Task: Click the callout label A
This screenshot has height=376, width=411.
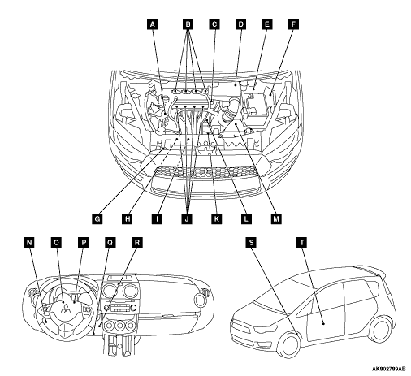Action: coord(152,24)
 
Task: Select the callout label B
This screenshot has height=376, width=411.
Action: coord(188,24)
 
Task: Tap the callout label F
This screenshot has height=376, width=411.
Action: coord(293,24)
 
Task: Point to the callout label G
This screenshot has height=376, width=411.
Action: coord(97,218)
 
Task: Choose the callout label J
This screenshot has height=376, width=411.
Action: coord(187,218)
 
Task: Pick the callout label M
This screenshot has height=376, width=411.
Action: coord(276,218)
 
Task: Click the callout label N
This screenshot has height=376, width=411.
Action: coord(29,242)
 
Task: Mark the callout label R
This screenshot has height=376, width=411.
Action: coord(137,242)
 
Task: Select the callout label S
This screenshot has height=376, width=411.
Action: coord(251,242)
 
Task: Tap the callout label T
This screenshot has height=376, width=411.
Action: coord(302,242)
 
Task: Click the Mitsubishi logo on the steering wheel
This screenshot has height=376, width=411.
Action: coord(65,309)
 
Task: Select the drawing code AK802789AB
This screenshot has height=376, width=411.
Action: coord(388,369)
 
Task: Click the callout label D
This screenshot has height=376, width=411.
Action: coord(240,24)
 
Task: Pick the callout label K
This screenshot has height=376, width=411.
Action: coord(216,218)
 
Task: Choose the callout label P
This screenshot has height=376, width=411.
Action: coord(83,242)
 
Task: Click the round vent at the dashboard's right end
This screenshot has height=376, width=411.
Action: coord(201,300)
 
